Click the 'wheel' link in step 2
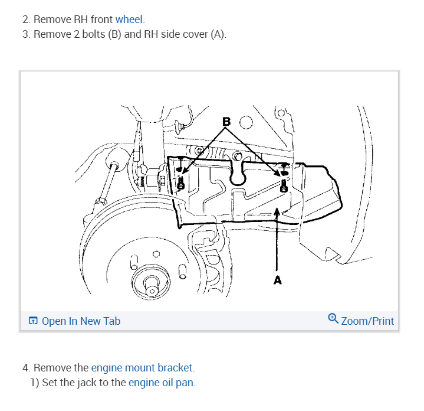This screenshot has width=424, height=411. (129, 19)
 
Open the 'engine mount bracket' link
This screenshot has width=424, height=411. (142, 368)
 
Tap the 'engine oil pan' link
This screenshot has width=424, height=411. (161, 383)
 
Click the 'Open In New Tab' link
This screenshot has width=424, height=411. (81, 321)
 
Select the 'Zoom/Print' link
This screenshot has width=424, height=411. (367, 321)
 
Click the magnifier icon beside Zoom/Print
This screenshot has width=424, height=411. (333, 319)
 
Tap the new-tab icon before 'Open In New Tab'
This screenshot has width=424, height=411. (33, 321)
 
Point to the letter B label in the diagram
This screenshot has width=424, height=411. (226, 122)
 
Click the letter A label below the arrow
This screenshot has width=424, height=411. (277, 280)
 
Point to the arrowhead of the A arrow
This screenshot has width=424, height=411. (277, 211)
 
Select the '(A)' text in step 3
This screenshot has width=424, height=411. (218, 34)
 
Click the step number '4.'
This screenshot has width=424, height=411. (26, 368)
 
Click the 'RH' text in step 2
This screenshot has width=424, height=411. (82, 19)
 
